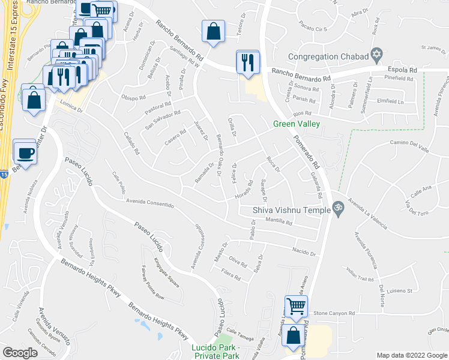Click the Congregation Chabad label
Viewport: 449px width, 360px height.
click(x=327, y=56)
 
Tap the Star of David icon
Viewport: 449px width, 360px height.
click(x=376, y=55)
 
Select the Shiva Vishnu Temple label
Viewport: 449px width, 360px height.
click(x=292, y=209)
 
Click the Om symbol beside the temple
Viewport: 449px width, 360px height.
click(x=338, y=209)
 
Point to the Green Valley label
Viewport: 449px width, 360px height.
click(x=296, y=124)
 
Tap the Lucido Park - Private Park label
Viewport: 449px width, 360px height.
click(x=215, y=352)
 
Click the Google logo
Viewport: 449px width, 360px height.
click(x=20, y=353)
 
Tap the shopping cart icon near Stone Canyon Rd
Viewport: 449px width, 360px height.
click(x=296, y=307)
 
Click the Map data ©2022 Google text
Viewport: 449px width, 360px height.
click(x=412, y=355)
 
